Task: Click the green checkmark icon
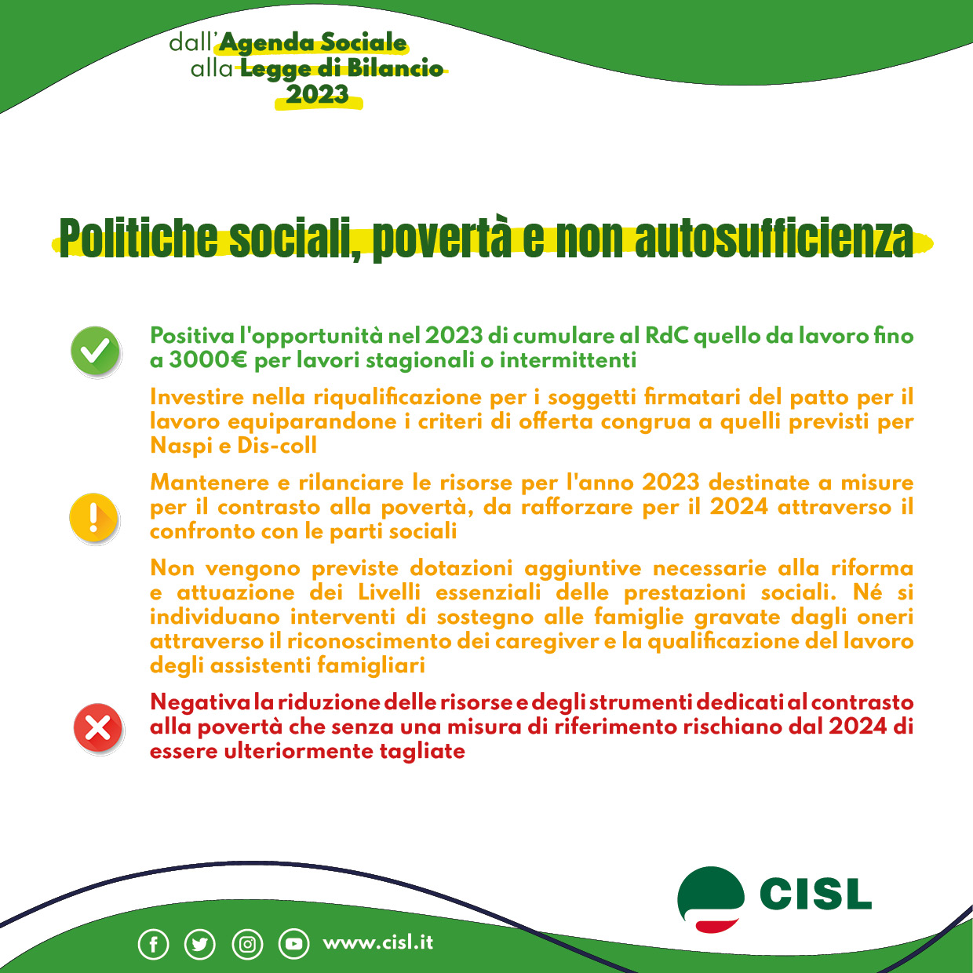(x=96, y=350)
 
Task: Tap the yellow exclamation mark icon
(x=94, y=518)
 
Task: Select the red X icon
(x=97, y=727)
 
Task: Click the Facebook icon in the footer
(x=154, y=944)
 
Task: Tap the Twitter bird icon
(x=199, y=944)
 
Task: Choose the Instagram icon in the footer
(x=247, y=944)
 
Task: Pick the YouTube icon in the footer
(x=294, y=944)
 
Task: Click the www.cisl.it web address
(x=377, y=942)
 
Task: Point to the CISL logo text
(x=815, y=895)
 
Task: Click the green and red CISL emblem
(x=710, y=899)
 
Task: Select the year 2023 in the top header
(x=317, y=95)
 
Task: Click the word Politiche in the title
(x=138, y=238)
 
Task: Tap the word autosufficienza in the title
(x=774, y=238)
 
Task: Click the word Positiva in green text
(x=192, y=336)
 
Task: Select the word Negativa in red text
(x=200, y=702)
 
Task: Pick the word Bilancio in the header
(x=395, y=69)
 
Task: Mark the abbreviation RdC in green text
(x=666, y=336)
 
